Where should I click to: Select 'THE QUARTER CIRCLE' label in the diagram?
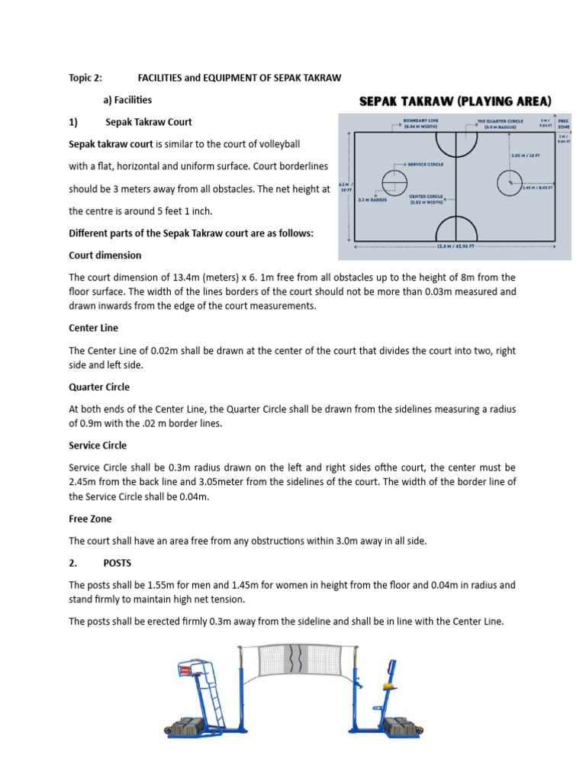[x=498, y=124]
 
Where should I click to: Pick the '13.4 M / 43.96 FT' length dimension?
[x=456, y=246]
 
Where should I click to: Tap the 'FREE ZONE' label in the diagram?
[x=563, y=124]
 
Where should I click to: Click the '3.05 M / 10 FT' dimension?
[x=525, y=156]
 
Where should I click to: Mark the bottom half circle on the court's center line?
[x=456, y=227]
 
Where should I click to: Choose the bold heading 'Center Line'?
[x=93, y=328]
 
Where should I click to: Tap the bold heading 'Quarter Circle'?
[x=98, y=387]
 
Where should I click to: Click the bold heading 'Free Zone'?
[x=90, y=519]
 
